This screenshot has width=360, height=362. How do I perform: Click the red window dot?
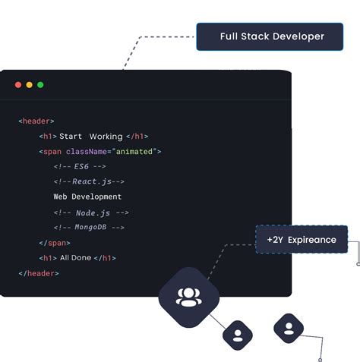point(18,85)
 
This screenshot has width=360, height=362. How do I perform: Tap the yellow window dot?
point(30,85)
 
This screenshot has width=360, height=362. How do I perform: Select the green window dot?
point(40,85)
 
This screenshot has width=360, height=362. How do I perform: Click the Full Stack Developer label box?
point(270,36)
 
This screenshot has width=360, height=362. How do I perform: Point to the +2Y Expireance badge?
point(302,239)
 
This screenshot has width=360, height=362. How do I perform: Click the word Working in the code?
point(106,137)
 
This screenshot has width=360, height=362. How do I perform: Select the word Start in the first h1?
point(71,137)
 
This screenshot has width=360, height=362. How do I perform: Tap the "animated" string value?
point(134,152)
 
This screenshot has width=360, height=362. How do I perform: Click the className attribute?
point(87,152)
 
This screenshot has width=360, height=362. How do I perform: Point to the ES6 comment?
point(80,166)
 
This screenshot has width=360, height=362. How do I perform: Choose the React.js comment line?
point(89,181)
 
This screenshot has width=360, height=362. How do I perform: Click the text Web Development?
point(87,197)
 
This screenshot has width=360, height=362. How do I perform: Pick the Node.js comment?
point(91,213)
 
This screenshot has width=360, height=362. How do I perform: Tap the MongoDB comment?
point(89,227)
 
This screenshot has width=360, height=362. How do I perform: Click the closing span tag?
point(55,243)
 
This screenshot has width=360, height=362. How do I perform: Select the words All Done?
point(75,258)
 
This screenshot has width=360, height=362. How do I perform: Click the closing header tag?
point(39,273)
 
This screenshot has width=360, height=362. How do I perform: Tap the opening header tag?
point(36,121)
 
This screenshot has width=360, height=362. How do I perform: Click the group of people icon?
point(189,297)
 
